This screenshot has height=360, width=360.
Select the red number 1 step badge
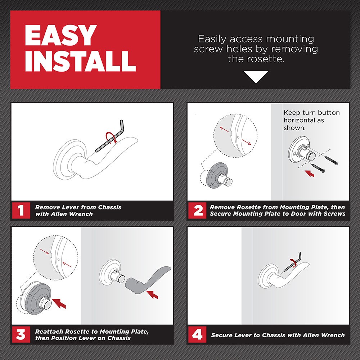coord(21,210)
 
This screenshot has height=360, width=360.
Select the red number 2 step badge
coord(198,210)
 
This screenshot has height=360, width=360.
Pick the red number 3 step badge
coord(21,335)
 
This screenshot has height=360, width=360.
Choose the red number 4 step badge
coord(198,335)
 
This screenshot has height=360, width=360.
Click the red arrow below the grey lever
coord(153,294)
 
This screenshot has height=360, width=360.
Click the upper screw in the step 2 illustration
coord(330,159)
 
